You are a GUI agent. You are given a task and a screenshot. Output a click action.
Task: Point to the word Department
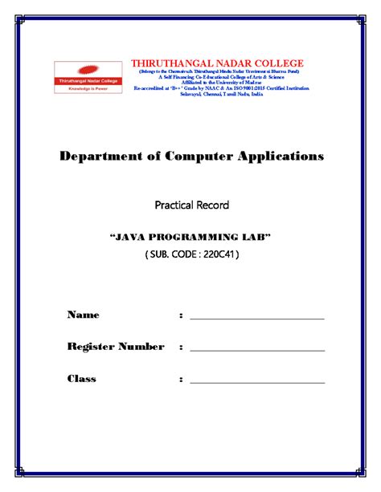[x=100, y=156]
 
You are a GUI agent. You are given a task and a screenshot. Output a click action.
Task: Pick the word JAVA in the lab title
[x=131, y=238]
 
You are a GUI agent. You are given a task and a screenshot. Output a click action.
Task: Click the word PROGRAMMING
[x=192, y=238]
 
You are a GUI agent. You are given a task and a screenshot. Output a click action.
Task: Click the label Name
[x=83, y=315]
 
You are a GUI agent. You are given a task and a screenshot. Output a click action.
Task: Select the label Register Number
[x=116, y=347]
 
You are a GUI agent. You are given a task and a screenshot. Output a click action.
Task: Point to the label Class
[x=82, y=378]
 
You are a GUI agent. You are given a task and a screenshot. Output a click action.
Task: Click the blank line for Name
[x=256, y=319]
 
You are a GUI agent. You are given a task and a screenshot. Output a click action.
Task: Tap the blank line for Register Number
[x=256, y=351]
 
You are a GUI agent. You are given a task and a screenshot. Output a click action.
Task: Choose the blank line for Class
[x=256, y=383]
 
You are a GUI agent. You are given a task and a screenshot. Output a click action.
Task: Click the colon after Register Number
[x=182, y=348]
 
